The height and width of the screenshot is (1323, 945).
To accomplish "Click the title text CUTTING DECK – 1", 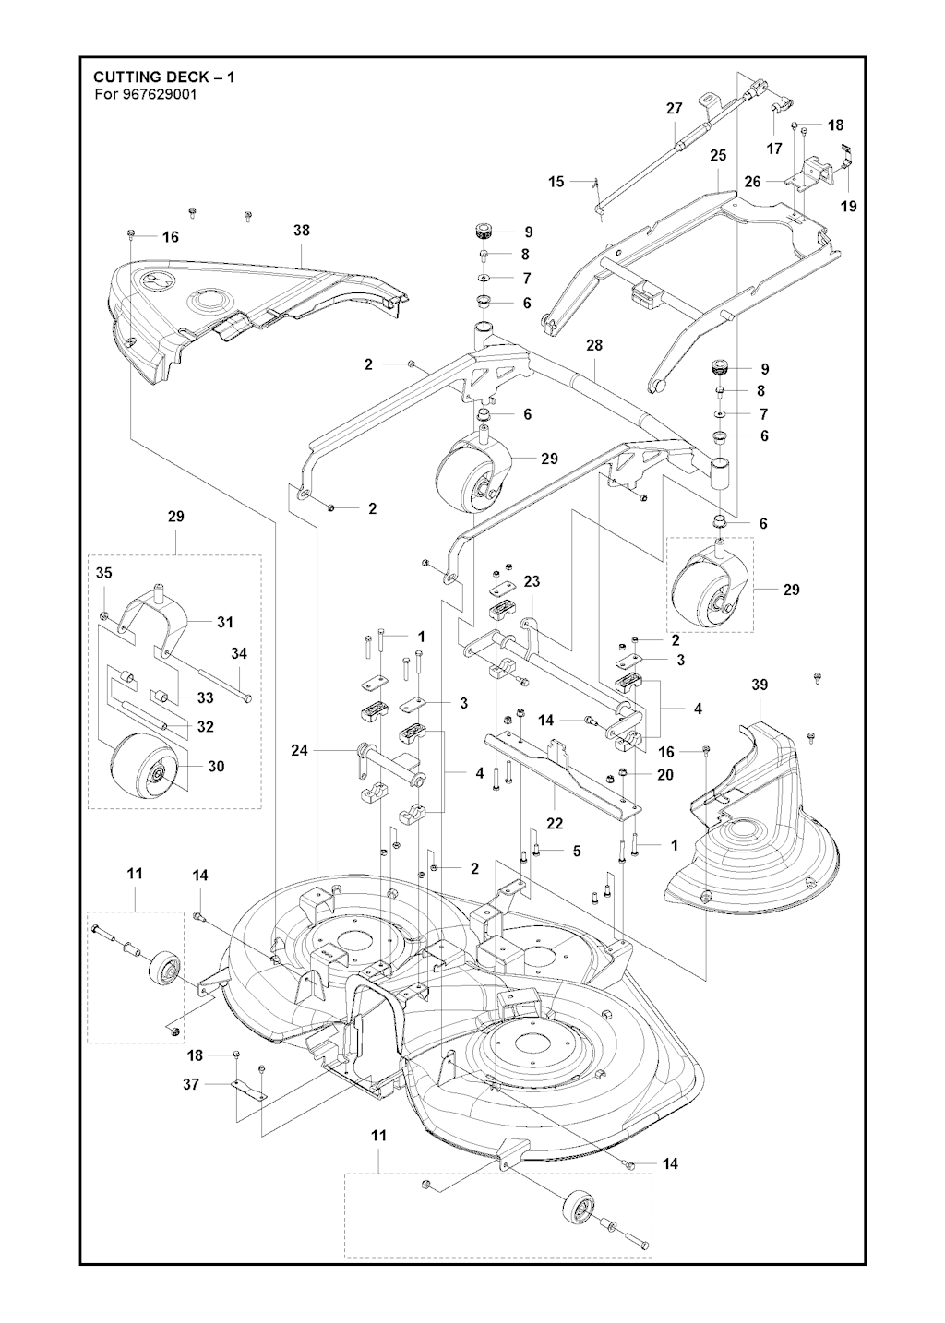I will click(x=163, y=77).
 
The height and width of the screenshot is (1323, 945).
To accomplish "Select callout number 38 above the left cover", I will click(x=302, y=231).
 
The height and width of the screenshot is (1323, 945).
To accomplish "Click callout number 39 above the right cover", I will click(x=759, y=685).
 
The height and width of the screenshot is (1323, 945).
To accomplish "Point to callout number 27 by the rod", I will click(x=675, y=108).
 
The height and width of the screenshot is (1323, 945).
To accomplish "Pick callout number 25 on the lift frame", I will click(x=718, y=156).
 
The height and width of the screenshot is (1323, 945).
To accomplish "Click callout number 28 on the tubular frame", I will click(x=594, y=344).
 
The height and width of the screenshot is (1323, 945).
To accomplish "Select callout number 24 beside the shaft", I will click(x=299, y=750).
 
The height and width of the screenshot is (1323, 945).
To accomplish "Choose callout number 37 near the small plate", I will click(x=191, y=1084).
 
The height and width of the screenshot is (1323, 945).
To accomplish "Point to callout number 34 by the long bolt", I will click(x=239, y=653).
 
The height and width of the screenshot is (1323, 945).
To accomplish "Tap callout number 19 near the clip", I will click(x=848, y=206).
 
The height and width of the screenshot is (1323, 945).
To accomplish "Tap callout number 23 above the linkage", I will click(x=532, y=582).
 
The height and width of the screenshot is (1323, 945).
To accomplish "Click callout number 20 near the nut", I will click(x=665, y=775).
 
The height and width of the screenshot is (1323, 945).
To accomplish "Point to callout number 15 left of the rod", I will click(x=556, y=182).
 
